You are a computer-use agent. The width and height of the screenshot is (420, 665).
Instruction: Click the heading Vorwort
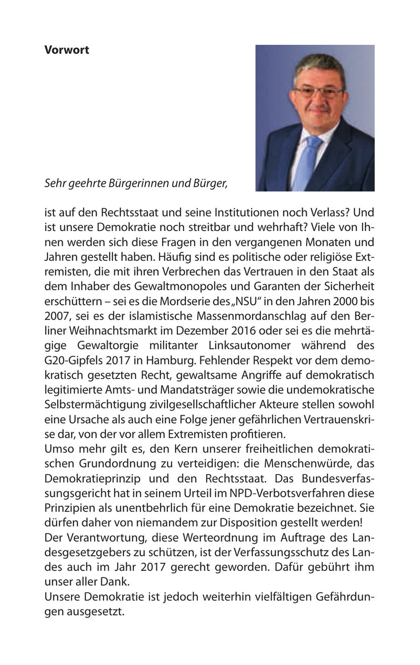[x=67, y=50]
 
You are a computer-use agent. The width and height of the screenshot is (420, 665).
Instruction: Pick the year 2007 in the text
[x=56, y=316]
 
